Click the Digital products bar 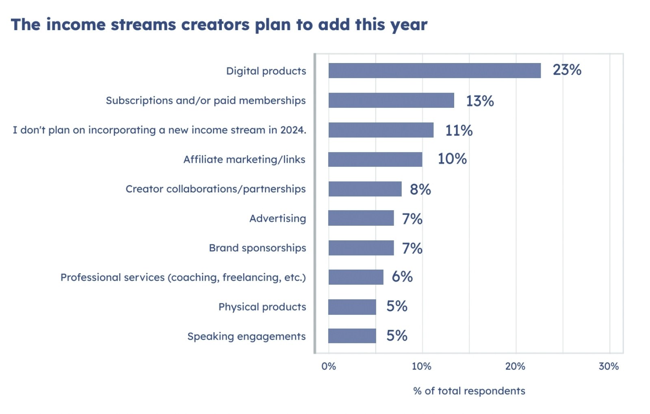click(434, 71)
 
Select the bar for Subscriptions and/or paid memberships click(391, 100)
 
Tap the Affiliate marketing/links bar click(375, 159)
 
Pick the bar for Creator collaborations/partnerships click(365, 189)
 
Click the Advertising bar click(361, 218)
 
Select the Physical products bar click(352, 307)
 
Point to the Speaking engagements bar click(352, 336)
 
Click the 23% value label click(567, 70)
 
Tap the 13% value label click(479, 101)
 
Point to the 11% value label click(459, 131)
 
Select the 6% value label click(402, 277)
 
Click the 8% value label click(420, 190)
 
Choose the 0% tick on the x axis click(328, 366)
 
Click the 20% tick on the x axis click(515, 366)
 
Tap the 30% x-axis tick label click(609, 366)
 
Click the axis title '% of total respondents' click(469, 391)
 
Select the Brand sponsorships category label click(257, 248)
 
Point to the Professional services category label click(183, 277)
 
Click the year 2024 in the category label click(292, 130)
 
